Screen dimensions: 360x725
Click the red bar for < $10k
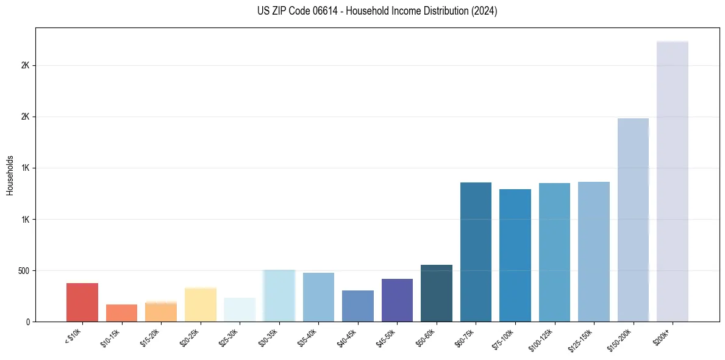[82, 302]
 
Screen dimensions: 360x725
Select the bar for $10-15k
[121, 313]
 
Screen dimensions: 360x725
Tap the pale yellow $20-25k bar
[200, 304]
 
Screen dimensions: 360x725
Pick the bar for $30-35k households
[279, 296]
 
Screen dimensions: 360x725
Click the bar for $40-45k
[357, 306]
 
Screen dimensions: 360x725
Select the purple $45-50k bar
[397, 300]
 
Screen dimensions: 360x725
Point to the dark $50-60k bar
[436, 293]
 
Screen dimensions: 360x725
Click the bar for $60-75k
[476, 252]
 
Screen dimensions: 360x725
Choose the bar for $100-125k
[554, 252]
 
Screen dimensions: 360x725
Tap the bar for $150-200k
[633, 220]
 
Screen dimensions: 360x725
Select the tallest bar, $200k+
[672, 181]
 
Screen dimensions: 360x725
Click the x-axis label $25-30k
[229, 338]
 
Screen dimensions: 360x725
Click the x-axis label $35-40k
[307, 338]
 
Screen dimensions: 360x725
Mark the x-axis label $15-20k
[150, 338]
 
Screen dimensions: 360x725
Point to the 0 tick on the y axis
[27, 322]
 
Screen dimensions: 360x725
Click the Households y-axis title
[10, 175]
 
